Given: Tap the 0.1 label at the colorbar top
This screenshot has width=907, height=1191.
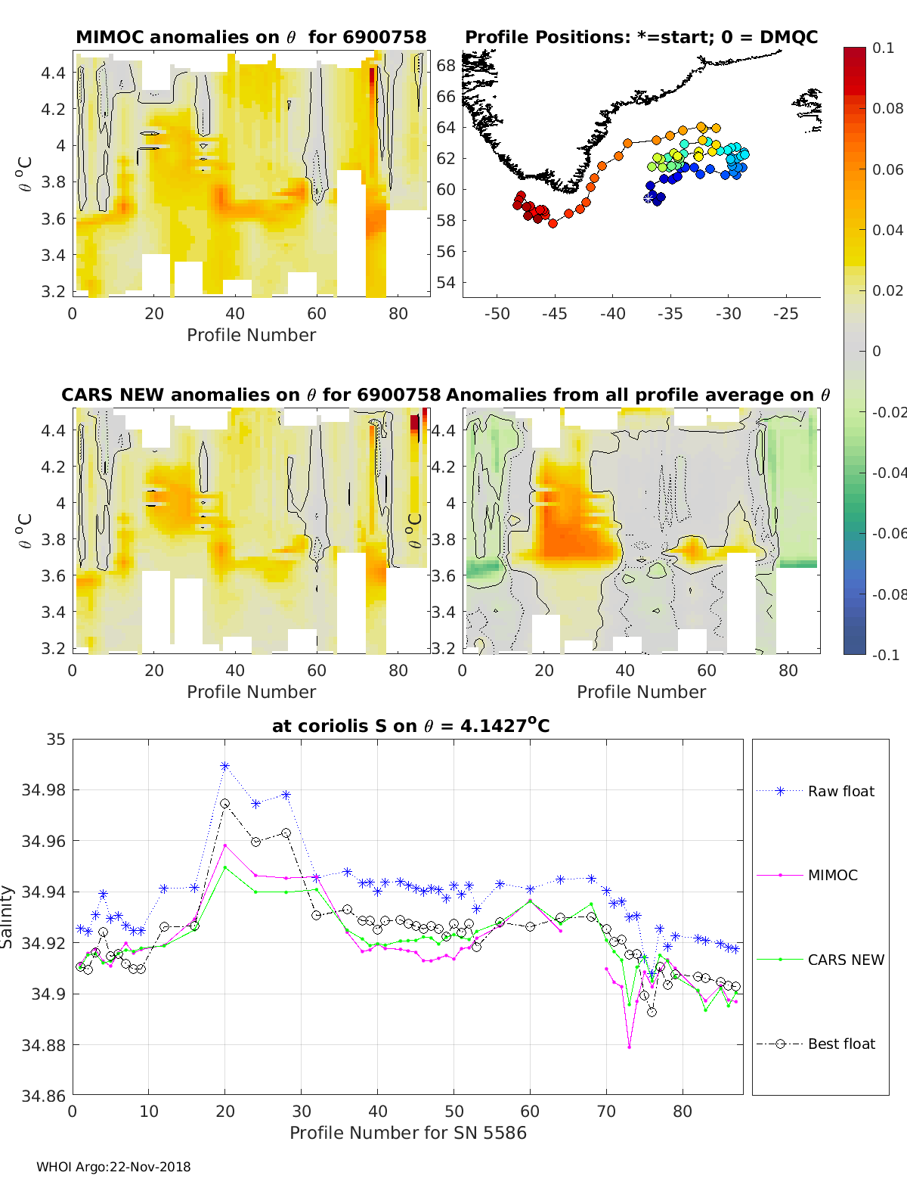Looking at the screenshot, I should coord(883,48).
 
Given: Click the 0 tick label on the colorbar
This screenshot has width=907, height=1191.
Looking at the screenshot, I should coord(877,351).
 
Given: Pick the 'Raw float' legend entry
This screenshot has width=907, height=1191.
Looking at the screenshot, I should coord(840,791).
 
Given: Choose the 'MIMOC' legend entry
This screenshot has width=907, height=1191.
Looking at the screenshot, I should coord(832,875).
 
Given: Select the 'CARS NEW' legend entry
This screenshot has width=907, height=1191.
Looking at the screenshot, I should coord(845,960).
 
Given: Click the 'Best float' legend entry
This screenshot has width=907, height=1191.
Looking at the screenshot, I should coord(841,1044).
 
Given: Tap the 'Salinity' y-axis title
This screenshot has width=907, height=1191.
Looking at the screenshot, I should coord(8,917).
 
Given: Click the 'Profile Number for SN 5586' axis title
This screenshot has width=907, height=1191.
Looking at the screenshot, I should coord(408,1133).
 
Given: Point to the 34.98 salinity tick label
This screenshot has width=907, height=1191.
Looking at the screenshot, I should coord(44,790).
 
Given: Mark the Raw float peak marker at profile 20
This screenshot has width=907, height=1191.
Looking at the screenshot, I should coord(224,766).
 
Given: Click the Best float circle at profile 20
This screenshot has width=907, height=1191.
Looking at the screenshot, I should coord(224,804).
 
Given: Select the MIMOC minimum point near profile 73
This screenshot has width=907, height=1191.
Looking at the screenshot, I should coord(629,1047).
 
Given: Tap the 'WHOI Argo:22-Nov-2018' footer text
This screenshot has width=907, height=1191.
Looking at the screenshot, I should coord(113,1167).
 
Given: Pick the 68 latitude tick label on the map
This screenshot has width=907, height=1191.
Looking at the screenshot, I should coord(446,66).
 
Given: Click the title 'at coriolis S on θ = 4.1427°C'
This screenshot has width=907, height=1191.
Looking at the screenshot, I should coord(410,726).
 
